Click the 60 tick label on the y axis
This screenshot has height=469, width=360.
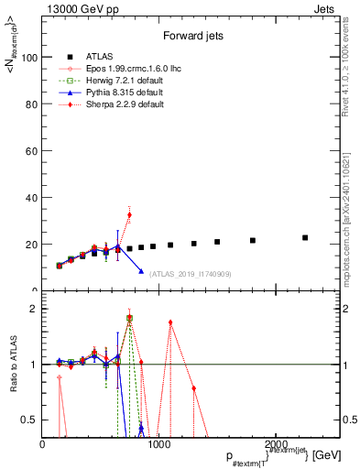coord(32,150)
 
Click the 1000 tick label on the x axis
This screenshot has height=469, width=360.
coord(158,444)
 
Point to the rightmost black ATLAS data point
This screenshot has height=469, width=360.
coord(305,237)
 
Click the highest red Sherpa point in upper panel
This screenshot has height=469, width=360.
coord(129,214)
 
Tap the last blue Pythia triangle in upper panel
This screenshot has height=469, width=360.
coord(141,271)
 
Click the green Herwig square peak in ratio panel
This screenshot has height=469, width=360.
coord(129,318)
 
